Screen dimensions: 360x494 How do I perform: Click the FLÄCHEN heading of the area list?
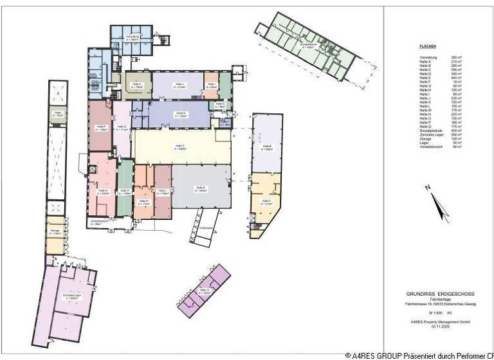coord(428,47)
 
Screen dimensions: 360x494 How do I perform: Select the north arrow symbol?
coord(439,204)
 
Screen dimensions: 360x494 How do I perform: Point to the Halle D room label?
coord(181,114)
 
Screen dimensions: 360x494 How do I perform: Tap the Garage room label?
coord(57,232)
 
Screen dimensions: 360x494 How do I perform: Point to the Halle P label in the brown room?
coord(101,128)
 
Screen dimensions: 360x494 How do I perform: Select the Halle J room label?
coord(179,85)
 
